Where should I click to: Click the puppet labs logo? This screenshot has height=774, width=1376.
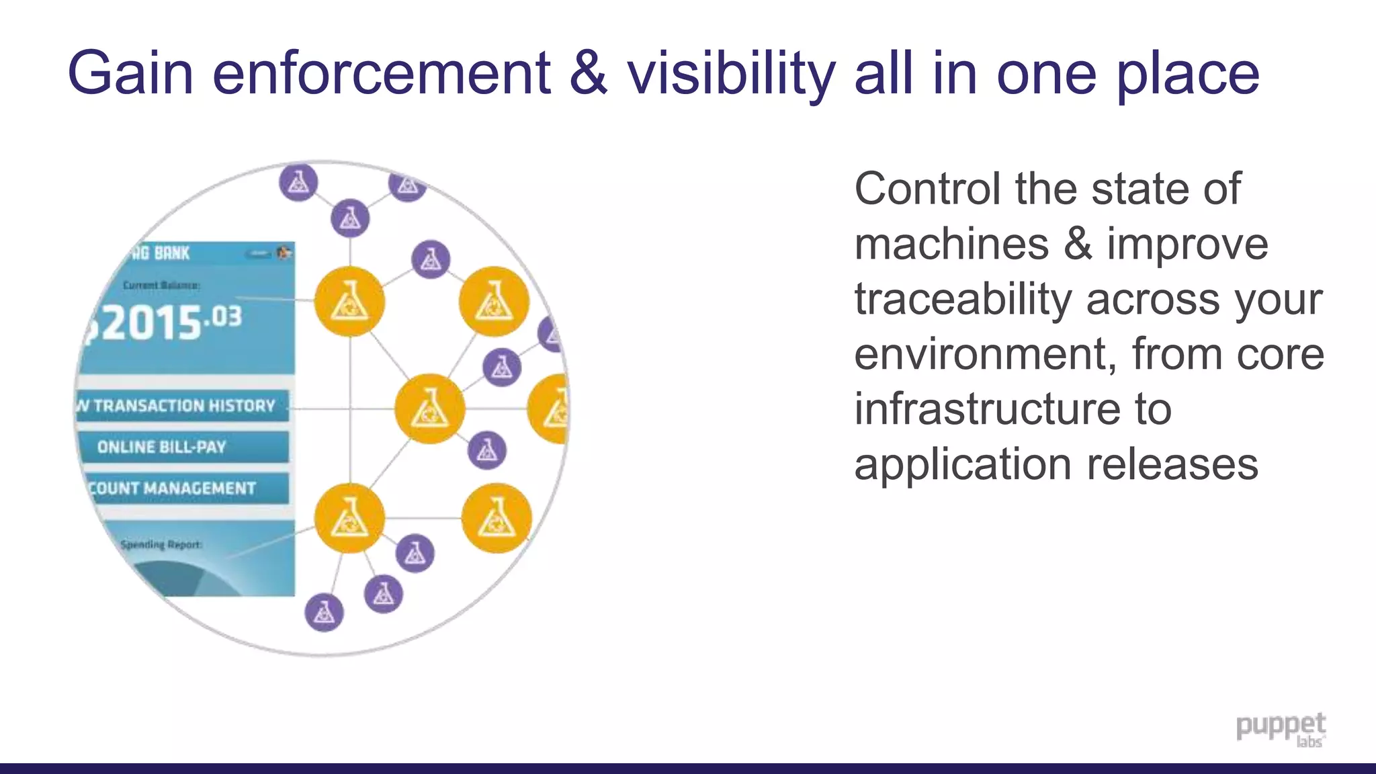[x=1281, y=730]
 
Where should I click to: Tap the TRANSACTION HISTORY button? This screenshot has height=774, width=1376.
[x=183, y=406]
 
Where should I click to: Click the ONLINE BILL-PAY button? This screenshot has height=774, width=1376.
[x=183, y=447]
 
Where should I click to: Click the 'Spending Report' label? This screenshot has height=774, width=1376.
[x=161, y=544]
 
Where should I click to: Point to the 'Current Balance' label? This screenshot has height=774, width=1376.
[x=161, y=286]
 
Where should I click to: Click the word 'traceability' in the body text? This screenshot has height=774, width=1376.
[x=962, y=300]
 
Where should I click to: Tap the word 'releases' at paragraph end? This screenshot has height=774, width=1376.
[x=1172, y=465]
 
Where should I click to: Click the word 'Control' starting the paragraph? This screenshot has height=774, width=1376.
[x=927, y=189]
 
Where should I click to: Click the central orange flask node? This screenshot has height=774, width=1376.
[x=429, y=408]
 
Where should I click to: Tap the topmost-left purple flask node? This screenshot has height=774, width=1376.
[x=298, y=181]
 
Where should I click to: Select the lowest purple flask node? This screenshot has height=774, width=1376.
[x=324, y=612]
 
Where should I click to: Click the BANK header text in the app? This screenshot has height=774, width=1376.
[x=171, y=253]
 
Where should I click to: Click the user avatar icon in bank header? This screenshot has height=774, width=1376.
[x=284, y=253]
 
